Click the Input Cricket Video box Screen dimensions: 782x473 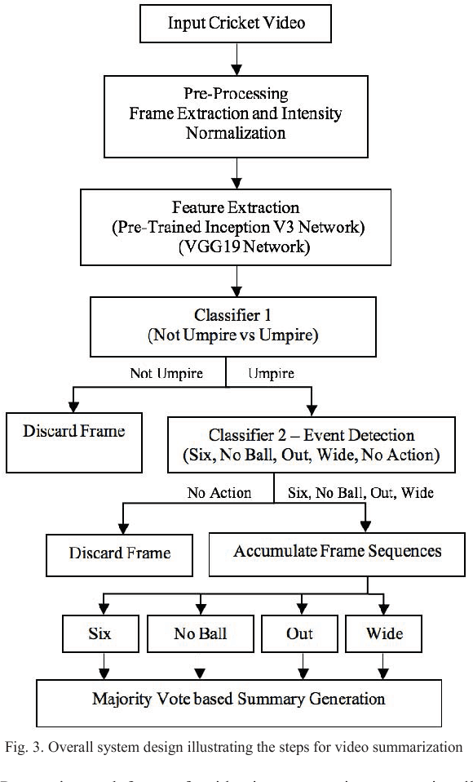236,22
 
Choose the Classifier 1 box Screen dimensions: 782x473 236,325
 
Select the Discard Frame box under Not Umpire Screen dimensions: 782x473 74,432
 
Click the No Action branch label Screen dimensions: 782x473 218,492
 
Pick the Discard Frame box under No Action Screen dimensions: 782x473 119,553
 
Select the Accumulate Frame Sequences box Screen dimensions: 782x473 337,552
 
